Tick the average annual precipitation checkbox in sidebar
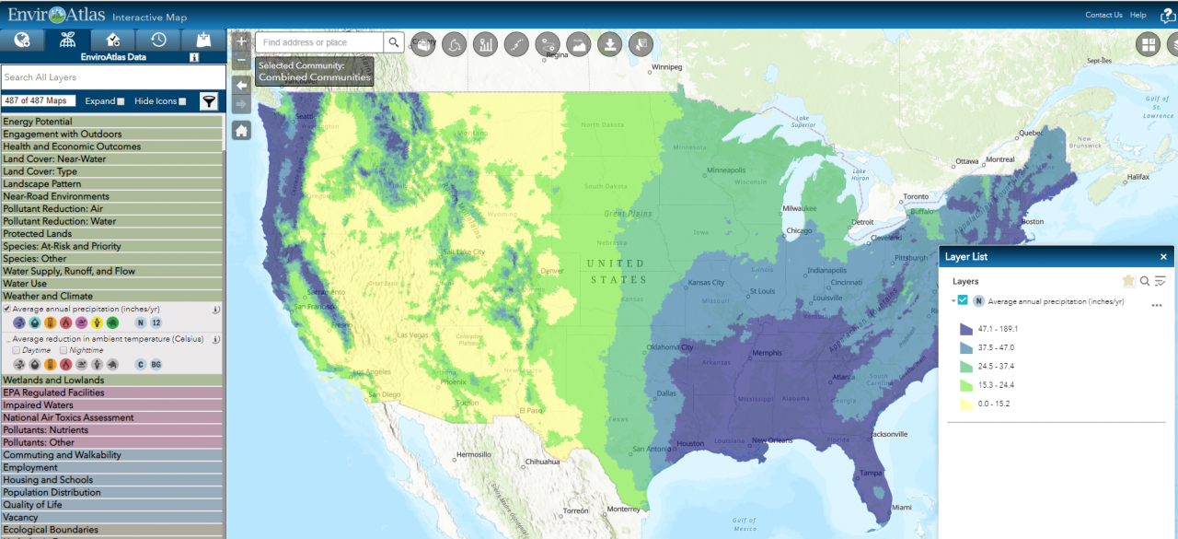point(7,310)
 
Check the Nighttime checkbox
point(64,350)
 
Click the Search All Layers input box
point(112,77)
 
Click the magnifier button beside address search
point(393,42)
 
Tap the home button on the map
point(241,131)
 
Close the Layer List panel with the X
point(1163,257)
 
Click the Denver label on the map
point(552,271)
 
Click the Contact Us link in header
point(1103,15)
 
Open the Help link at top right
point(1138,15)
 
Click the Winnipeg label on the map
point(666,67)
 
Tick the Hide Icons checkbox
point(182,101)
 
